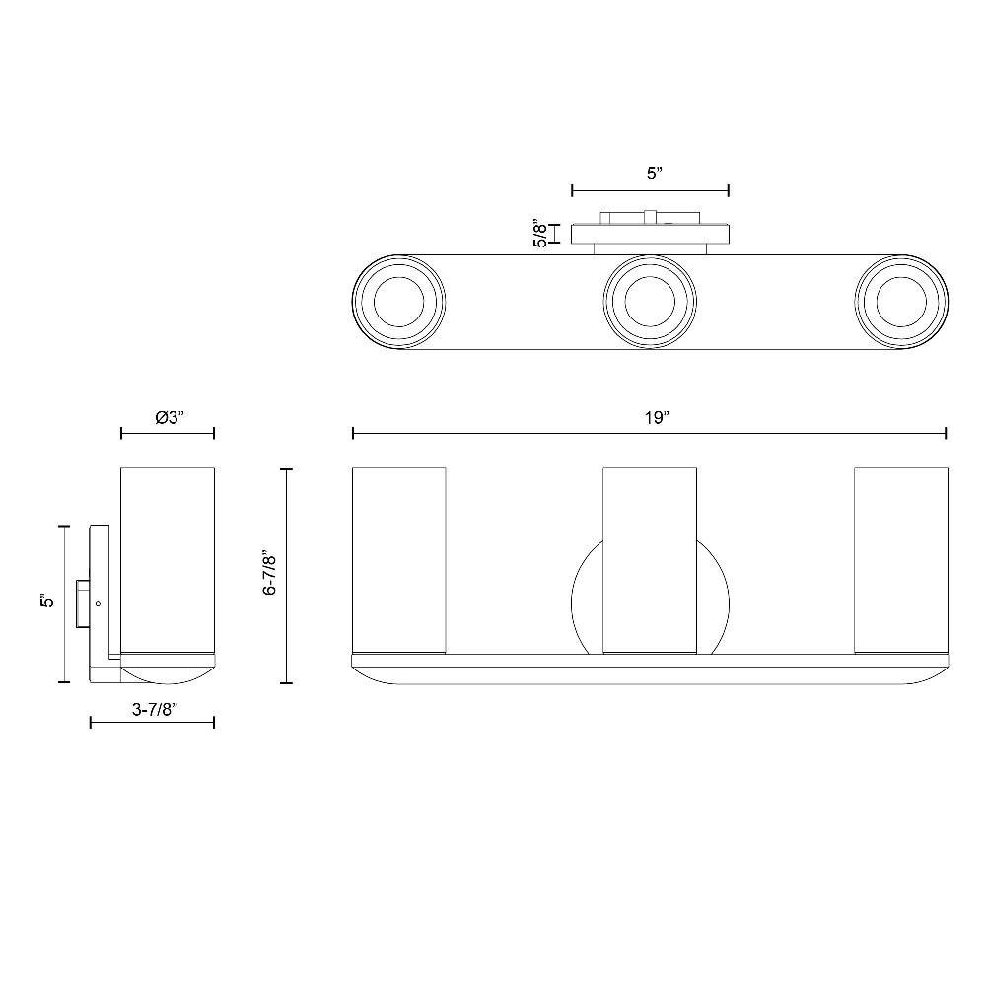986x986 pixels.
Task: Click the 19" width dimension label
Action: click(655, 417)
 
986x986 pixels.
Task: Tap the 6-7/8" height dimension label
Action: click(270, 575)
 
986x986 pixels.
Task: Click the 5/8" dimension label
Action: click(539, 233)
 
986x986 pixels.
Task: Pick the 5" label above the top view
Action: click(656, 175)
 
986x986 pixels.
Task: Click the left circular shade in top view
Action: click(399, 302)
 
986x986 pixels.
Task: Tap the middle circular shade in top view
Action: click(650, 302)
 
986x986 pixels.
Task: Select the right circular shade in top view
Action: click(902, 302)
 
